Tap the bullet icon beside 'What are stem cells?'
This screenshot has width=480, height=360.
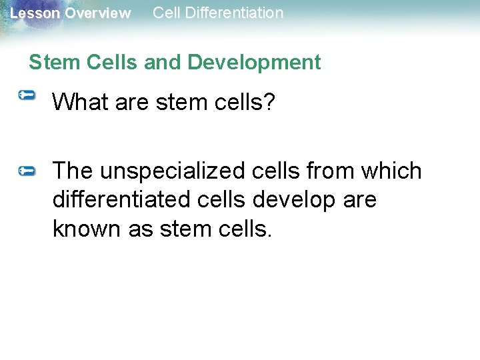coord(27,96)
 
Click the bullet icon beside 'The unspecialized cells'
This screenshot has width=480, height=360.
coord(27,171)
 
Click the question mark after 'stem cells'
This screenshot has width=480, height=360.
coord(269,102)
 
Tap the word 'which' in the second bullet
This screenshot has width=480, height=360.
coord(391,171)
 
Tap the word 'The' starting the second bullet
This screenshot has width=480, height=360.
coord(73,171)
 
